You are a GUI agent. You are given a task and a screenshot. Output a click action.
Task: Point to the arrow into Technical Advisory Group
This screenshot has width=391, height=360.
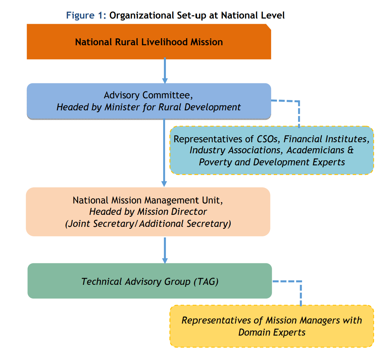[165, 250]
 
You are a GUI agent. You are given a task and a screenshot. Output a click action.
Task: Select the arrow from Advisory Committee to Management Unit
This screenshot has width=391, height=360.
[164, 153]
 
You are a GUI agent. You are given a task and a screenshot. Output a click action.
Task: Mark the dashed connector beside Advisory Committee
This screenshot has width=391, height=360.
[298, 111]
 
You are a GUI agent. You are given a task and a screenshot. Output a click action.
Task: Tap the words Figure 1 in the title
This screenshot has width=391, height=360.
[86, 15]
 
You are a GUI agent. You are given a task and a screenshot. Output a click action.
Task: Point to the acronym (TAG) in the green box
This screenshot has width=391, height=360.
[206, 282]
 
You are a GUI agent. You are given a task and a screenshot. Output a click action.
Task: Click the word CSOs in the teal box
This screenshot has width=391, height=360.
[267, 139]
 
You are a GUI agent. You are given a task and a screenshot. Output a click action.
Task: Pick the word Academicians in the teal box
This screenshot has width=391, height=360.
[315, 150]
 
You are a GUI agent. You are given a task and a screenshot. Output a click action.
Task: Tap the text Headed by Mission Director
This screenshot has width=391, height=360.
[148, 212]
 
